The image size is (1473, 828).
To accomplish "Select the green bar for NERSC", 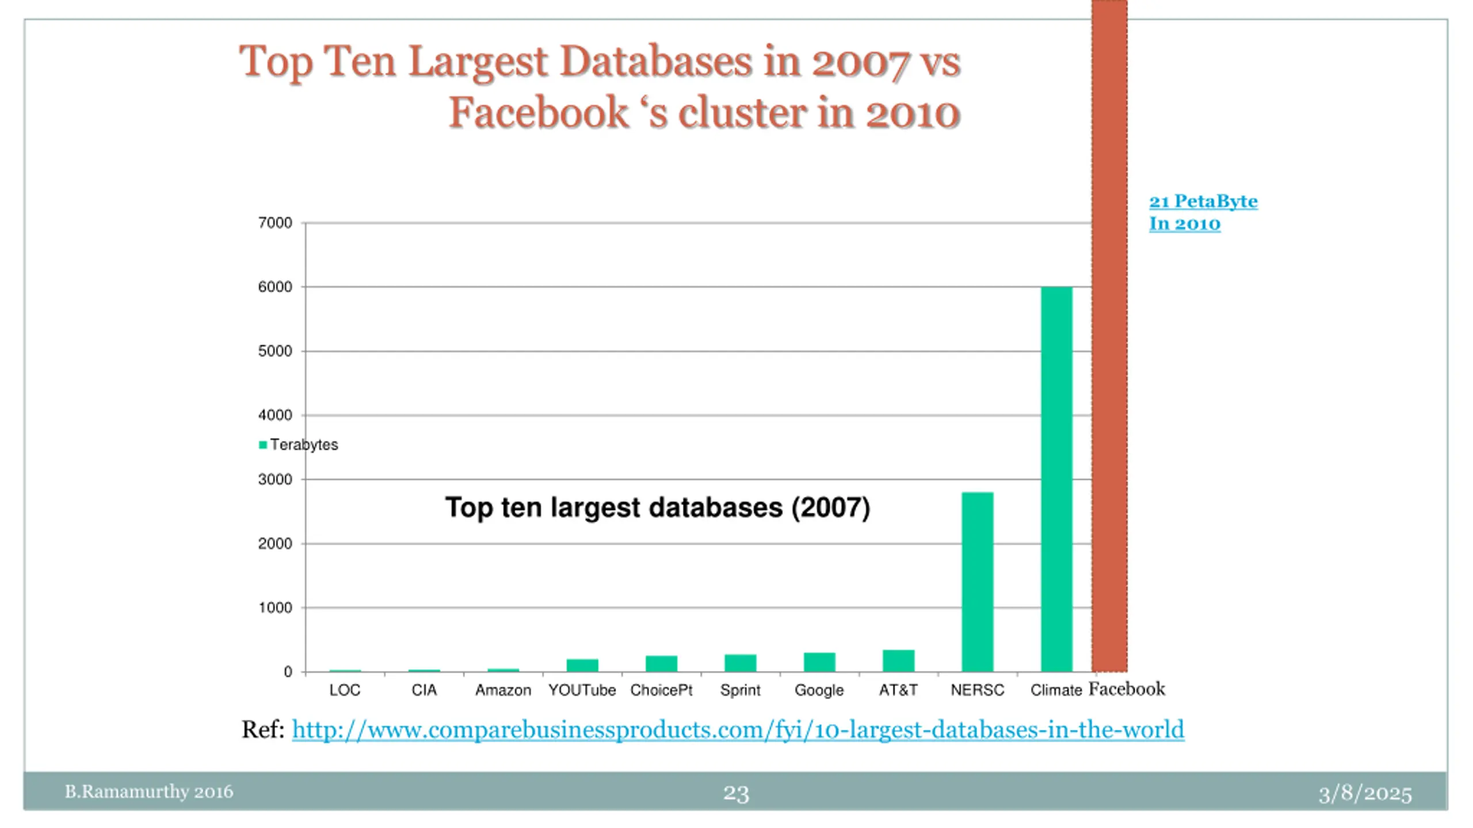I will click(x=977, y=581).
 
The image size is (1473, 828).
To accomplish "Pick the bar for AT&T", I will click(x=898, y=661).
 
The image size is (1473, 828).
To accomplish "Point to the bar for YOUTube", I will click(x=582, y=665).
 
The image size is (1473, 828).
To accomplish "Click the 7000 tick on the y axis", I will click(x=275, y=223).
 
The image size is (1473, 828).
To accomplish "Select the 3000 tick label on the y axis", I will click(x=275, y=480).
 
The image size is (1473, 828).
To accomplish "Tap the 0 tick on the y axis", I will click(x=288, y=672).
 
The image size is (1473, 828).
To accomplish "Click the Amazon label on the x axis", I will click(x=503, y=690).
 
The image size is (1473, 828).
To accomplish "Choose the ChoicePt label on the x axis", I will click(x=661, y=690).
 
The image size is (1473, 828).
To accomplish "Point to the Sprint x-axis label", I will click(x=740, y=690).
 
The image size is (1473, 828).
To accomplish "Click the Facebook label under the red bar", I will click(x=1127, y=689).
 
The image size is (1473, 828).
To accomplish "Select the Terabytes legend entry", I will click(x=299, y=444).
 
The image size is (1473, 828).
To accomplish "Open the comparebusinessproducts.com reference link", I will click(x=738, y=730).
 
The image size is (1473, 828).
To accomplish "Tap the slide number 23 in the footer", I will click(x=736, y=793).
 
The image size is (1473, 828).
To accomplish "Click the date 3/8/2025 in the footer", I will click(x=1365, y=793).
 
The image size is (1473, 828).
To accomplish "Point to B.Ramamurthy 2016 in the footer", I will click(x=148, y=792).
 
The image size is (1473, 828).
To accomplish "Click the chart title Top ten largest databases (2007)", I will click(x=658, y=507).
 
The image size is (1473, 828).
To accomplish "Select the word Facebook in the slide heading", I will click(x=539, y=112).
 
